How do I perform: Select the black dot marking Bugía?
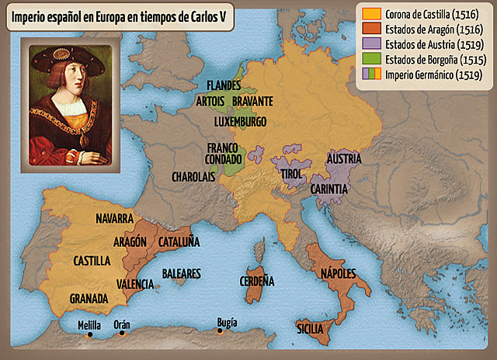coord(220,331)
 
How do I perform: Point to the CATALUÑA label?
coord(179,242)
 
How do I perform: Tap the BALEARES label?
coord(181,274)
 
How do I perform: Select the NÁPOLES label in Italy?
coord(338,273)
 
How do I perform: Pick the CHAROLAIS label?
coord(193,177)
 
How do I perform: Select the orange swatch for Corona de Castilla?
coord(371,15)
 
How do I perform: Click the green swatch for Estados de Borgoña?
coord(371,59)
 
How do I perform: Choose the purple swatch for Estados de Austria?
coord(371,44)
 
